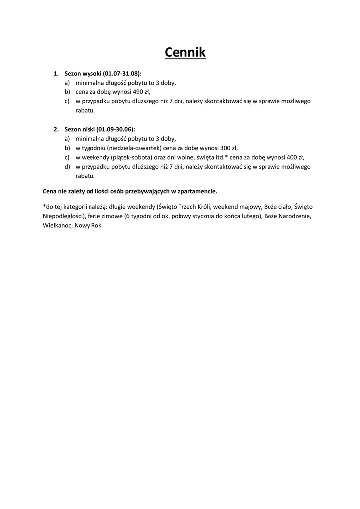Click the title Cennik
pos(185,52)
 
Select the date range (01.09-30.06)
pos(115,129)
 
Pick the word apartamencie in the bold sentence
pos(200,191)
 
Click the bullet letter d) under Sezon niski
pos(67,167)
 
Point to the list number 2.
pos(56,129)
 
